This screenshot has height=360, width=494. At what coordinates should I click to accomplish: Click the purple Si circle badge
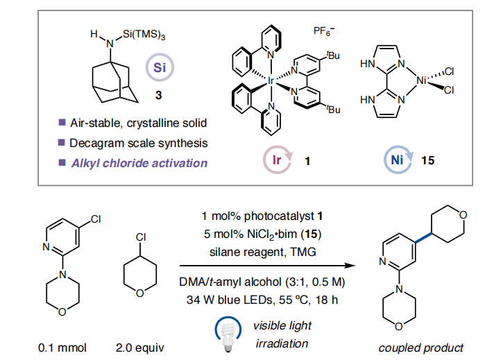tap(159, 68)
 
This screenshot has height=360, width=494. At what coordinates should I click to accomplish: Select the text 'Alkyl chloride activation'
tap(138, 163)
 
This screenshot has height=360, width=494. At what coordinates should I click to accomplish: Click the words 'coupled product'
tap(422, 347)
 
